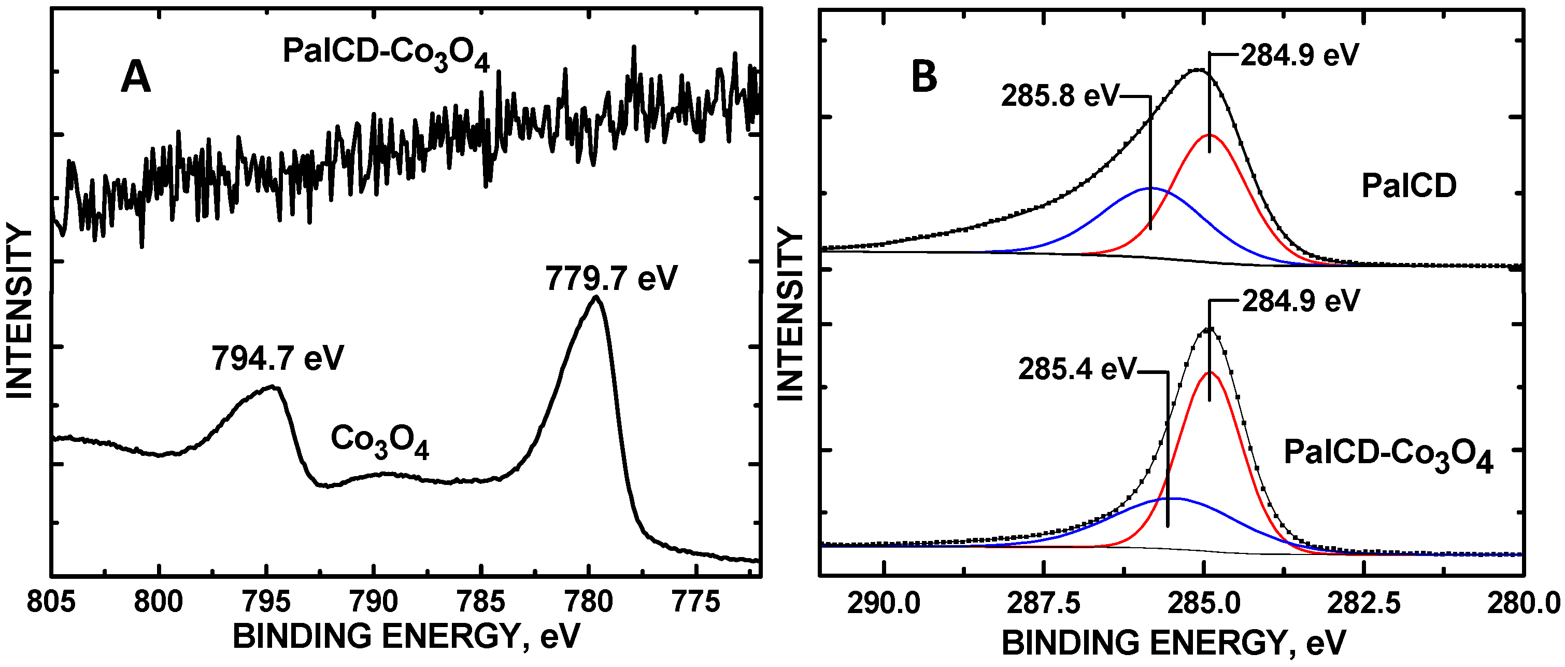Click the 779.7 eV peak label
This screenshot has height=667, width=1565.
610,279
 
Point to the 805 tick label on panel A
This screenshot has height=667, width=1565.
52,602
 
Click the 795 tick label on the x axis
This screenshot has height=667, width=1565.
266,602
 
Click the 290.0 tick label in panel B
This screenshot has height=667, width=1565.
884,604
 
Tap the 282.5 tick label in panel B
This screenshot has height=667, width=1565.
1364,604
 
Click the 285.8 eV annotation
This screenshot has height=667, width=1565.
1060,96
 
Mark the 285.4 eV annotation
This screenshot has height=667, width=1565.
1076,369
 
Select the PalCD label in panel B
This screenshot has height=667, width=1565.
1409,186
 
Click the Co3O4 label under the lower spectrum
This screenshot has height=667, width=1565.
380,441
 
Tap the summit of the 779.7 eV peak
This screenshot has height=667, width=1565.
596,297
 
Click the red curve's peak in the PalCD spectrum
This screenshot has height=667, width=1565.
1209,135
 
